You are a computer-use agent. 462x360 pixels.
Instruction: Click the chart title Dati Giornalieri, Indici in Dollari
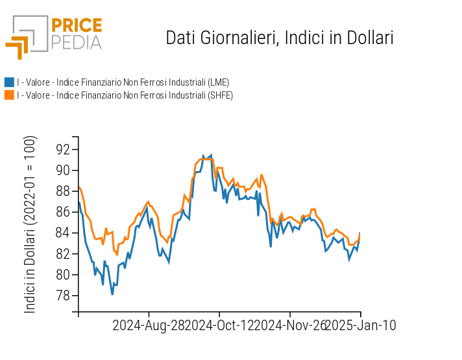280,38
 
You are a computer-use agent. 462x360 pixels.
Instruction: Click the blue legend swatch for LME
9,82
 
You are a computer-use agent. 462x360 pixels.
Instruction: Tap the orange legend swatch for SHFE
9,95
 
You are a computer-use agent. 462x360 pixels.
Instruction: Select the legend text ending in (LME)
123,82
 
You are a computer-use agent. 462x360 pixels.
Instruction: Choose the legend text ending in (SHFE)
125,95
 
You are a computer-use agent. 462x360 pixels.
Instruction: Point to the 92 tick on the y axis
63,149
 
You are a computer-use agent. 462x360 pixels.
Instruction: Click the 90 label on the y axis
63,170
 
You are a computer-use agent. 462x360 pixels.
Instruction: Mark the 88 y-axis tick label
63,191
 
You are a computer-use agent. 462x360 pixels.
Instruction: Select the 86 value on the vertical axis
63,211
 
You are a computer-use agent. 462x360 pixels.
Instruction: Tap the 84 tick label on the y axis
63,233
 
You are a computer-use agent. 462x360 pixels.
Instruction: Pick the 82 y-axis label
63,254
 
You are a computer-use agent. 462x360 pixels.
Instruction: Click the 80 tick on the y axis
63,274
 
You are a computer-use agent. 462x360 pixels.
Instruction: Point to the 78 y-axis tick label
63,295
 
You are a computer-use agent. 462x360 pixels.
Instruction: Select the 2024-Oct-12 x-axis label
219,325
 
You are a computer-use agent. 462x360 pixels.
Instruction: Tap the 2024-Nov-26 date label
290,325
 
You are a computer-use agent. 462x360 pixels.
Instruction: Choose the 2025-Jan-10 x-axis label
360,325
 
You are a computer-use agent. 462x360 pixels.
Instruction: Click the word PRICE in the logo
77,26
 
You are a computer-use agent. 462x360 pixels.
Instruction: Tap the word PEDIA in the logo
77,43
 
